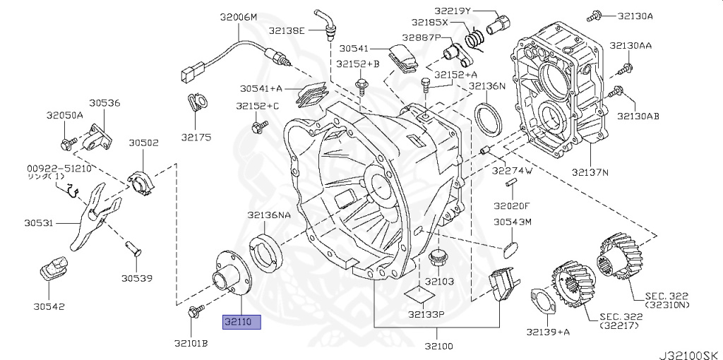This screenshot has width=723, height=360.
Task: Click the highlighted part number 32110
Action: coord(241,322)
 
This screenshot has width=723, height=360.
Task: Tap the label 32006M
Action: coord(239,18)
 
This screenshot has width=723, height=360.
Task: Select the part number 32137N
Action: coord(590,172)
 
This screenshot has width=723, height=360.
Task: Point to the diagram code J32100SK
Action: coord(690,355)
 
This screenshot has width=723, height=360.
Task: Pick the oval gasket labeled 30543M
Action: coord(510,249)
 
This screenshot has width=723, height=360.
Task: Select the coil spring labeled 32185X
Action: coord(474,38)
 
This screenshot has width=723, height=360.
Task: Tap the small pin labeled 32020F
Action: coord(511,184)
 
